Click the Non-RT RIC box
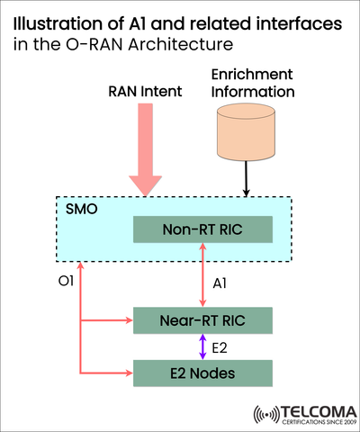(x=201, y=229)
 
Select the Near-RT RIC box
(x=201, y=319)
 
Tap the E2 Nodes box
(x=201, y=371)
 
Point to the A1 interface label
(x=219, y=283)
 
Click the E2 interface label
(x=220, y=346)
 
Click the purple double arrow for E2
(x=202, y=346)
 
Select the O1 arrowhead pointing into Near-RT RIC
(x=127, y=319)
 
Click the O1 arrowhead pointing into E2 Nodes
(x=127, y=371)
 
